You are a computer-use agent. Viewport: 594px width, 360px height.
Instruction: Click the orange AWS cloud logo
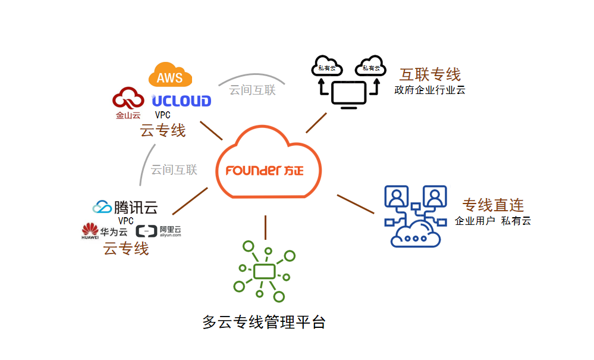pos(170,76)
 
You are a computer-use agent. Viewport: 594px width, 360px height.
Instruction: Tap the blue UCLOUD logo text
pos(181,101)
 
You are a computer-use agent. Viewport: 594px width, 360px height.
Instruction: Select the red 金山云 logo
pos(128,103)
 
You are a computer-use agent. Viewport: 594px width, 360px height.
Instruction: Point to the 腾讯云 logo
pos(125,207)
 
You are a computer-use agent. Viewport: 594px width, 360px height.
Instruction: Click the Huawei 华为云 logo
pos(105,231)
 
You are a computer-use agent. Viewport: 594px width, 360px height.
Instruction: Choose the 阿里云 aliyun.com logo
pos(158,231)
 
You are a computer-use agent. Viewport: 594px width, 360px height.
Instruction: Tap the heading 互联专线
pos(430,74)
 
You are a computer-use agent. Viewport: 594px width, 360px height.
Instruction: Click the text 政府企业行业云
pos(429,90)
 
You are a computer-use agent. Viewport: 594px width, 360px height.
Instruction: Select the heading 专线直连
pos(493,205)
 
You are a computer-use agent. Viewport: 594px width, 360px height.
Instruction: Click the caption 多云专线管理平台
pos(264,323)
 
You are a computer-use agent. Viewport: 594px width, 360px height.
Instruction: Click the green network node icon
pos(264,271)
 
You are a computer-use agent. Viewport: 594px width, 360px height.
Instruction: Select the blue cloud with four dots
pos(416,234)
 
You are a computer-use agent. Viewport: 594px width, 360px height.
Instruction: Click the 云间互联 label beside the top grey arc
pos(253,90)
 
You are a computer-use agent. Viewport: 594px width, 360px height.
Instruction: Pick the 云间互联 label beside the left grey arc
pos(174,170)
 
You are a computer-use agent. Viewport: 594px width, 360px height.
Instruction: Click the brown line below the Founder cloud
pos(265,227)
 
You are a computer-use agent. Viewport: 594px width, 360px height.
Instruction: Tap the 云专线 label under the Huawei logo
pos(126,248)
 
